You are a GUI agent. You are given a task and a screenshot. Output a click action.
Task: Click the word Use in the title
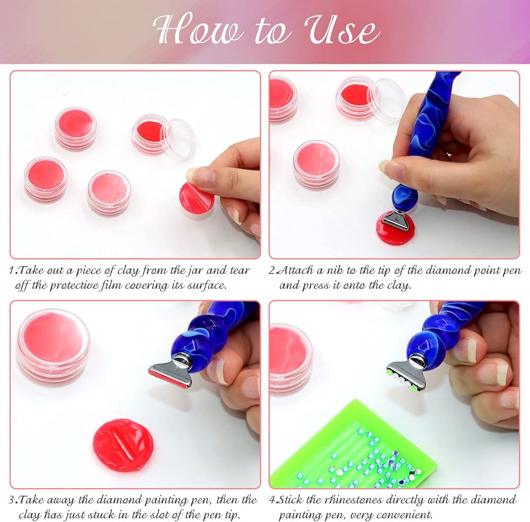pyautogui.click(x=342, y=30)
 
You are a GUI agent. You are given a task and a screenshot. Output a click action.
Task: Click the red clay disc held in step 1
pyautogui.click(x=196, y=198)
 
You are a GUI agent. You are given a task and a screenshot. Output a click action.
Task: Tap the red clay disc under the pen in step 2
pyautogui.click(x=395, y=229)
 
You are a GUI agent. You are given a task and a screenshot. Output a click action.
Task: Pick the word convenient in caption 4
pyautogui.click(x=404, y=515)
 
